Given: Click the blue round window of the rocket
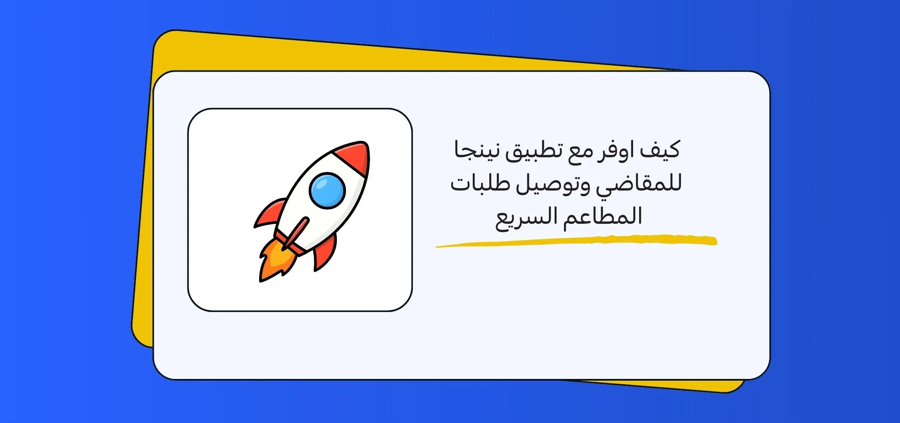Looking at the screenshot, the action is [327, 191].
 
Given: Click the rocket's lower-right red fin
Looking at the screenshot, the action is [325, 253].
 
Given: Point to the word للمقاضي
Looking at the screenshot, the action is [639, 184].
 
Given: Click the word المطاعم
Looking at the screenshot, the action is [602, 216].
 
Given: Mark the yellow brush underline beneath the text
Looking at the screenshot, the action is [576, 241].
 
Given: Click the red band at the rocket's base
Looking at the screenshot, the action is [289, 243].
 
